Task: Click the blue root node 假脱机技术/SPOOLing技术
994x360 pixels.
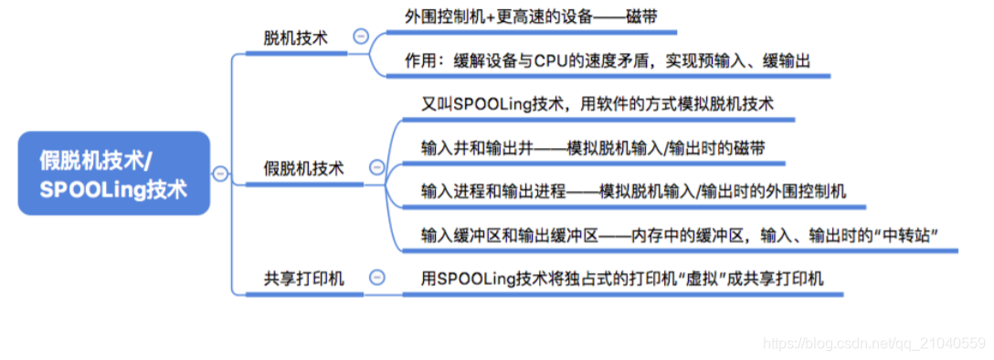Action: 113,174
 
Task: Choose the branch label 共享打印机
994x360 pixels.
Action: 303,278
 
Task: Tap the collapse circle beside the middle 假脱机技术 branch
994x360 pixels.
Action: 375,168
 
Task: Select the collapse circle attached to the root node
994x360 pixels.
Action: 218,174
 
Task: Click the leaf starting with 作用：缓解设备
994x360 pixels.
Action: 608,60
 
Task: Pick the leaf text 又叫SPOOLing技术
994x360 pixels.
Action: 597,103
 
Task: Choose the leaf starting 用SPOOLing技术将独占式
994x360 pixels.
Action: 622,278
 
